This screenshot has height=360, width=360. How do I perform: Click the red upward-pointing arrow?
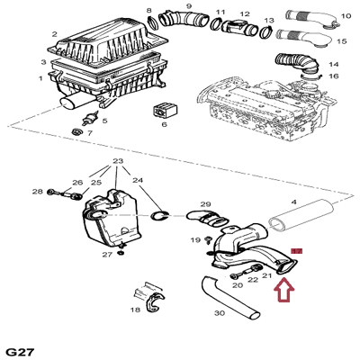[283, 290]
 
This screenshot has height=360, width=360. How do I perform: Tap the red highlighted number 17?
[297, 251]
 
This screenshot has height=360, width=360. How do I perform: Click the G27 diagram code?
[21, 352]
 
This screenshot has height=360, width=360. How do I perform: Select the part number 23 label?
[118, 161]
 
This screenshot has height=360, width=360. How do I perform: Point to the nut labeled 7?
[76, 131]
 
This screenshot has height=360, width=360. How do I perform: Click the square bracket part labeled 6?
[165, 110]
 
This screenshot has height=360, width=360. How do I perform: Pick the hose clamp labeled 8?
[153, 22]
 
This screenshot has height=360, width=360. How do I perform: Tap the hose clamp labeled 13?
[266, 31]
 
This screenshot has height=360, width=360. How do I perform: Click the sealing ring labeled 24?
[159, 216]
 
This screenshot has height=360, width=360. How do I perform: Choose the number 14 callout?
[334, 64]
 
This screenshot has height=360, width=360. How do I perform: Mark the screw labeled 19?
[207, 240]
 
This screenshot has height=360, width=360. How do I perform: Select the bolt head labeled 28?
[50, 192]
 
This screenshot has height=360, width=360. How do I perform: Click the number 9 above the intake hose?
[189, 5]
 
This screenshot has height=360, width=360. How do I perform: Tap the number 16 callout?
[334, 76]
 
